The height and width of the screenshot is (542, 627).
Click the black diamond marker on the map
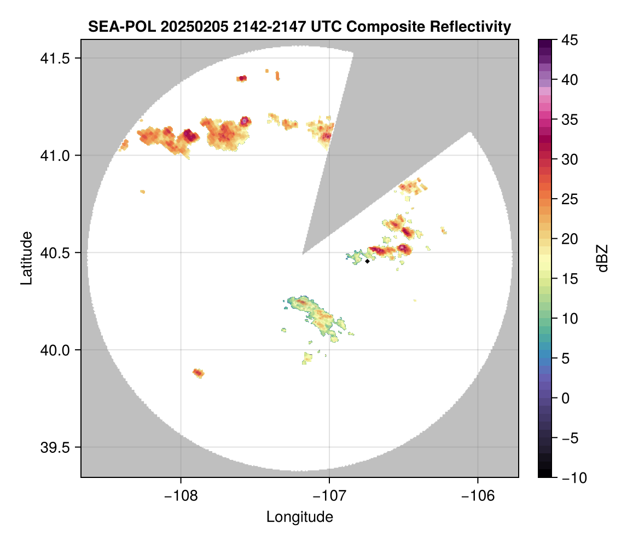368,261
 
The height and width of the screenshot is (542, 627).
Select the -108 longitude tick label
181,496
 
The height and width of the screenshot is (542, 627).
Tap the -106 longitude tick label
478,496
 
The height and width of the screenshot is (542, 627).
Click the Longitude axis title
299,517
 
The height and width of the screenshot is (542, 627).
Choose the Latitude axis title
26,258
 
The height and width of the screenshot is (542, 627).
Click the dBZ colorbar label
602,258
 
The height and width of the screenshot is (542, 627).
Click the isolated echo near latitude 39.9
199,373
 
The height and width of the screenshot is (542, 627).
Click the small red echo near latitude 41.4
242,78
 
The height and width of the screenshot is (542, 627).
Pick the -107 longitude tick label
329,496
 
